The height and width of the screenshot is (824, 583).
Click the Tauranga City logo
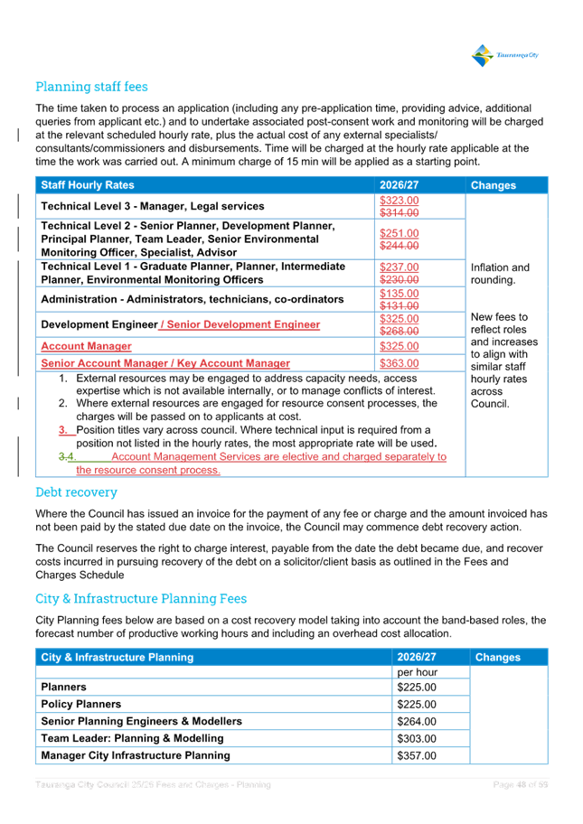(504, 55)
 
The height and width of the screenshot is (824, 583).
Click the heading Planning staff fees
(91, 87)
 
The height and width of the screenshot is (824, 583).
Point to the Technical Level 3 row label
(152, 207)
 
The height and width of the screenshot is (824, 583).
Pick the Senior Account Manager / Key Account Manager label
(165, 363)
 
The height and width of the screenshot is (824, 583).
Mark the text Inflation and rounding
(500, 274)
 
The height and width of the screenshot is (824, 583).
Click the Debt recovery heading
(76, 492)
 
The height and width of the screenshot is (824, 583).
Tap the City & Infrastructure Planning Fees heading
(141, 598)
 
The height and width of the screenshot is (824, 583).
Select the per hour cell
(416, 672)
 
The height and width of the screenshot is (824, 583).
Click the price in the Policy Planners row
(416, 705)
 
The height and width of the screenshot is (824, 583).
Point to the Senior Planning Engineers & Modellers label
(141, 722)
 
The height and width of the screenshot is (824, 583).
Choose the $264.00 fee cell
(416, 722)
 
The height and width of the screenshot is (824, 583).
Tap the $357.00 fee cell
(416, 755)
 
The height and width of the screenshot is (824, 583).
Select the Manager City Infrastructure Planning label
(135, 755)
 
